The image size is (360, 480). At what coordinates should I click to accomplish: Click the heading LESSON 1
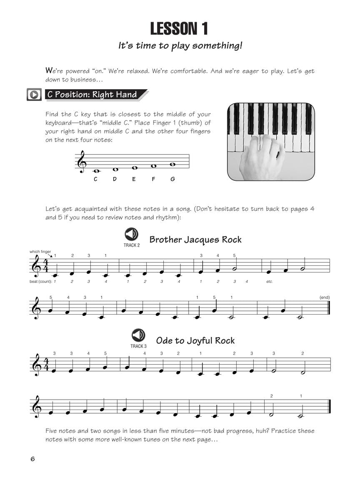179,29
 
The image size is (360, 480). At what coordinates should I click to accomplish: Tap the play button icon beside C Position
33,95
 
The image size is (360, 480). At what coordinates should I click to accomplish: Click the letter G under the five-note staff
172,179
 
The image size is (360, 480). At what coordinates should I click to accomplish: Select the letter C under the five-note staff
95,179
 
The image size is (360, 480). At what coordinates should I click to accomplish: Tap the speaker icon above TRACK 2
131,234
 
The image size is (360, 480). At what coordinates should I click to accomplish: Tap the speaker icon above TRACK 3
138,335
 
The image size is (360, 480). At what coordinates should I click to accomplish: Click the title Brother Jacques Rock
195,240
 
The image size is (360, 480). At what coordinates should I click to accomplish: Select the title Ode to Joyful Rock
195,340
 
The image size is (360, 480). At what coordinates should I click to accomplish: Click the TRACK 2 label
132,245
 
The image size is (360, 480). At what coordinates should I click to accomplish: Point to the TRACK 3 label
138,346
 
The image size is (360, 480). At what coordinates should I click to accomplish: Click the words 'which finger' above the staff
40,252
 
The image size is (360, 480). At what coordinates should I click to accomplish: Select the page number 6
32,459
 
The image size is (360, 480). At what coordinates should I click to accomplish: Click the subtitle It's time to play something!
180,45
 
